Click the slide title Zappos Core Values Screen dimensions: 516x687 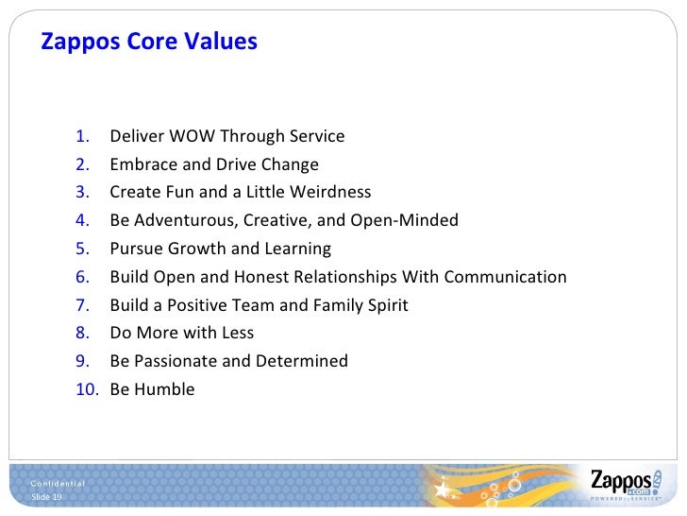point(148,43)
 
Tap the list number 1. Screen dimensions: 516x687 point(83,136)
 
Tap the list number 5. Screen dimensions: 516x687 point(83,249)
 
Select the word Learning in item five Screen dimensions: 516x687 point(299,249)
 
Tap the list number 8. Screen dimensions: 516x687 point(83,333)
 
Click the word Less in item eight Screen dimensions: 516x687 point(237,333)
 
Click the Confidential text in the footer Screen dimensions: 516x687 point(58,484)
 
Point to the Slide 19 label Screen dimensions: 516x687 point(46,497)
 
